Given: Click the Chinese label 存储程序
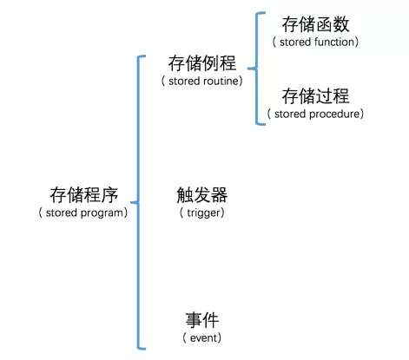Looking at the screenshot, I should pos(82,194).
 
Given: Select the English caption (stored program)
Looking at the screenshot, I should pos(82,213).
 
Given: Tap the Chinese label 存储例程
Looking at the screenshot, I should pos(201,63).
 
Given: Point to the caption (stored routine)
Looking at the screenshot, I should pos(201,81).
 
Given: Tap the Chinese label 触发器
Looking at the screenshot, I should pos(201,194).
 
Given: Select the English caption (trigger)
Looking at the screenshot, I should pos(201,213).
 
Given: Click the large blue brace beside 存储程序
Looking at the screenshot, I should pos(136,201).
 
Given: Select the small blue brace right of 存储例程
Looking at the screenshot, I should pos(257,68).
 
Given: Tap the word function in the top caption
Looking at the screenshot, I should pos(333,41).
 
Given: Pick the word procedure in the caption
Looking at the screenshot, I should pos(335,114).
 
